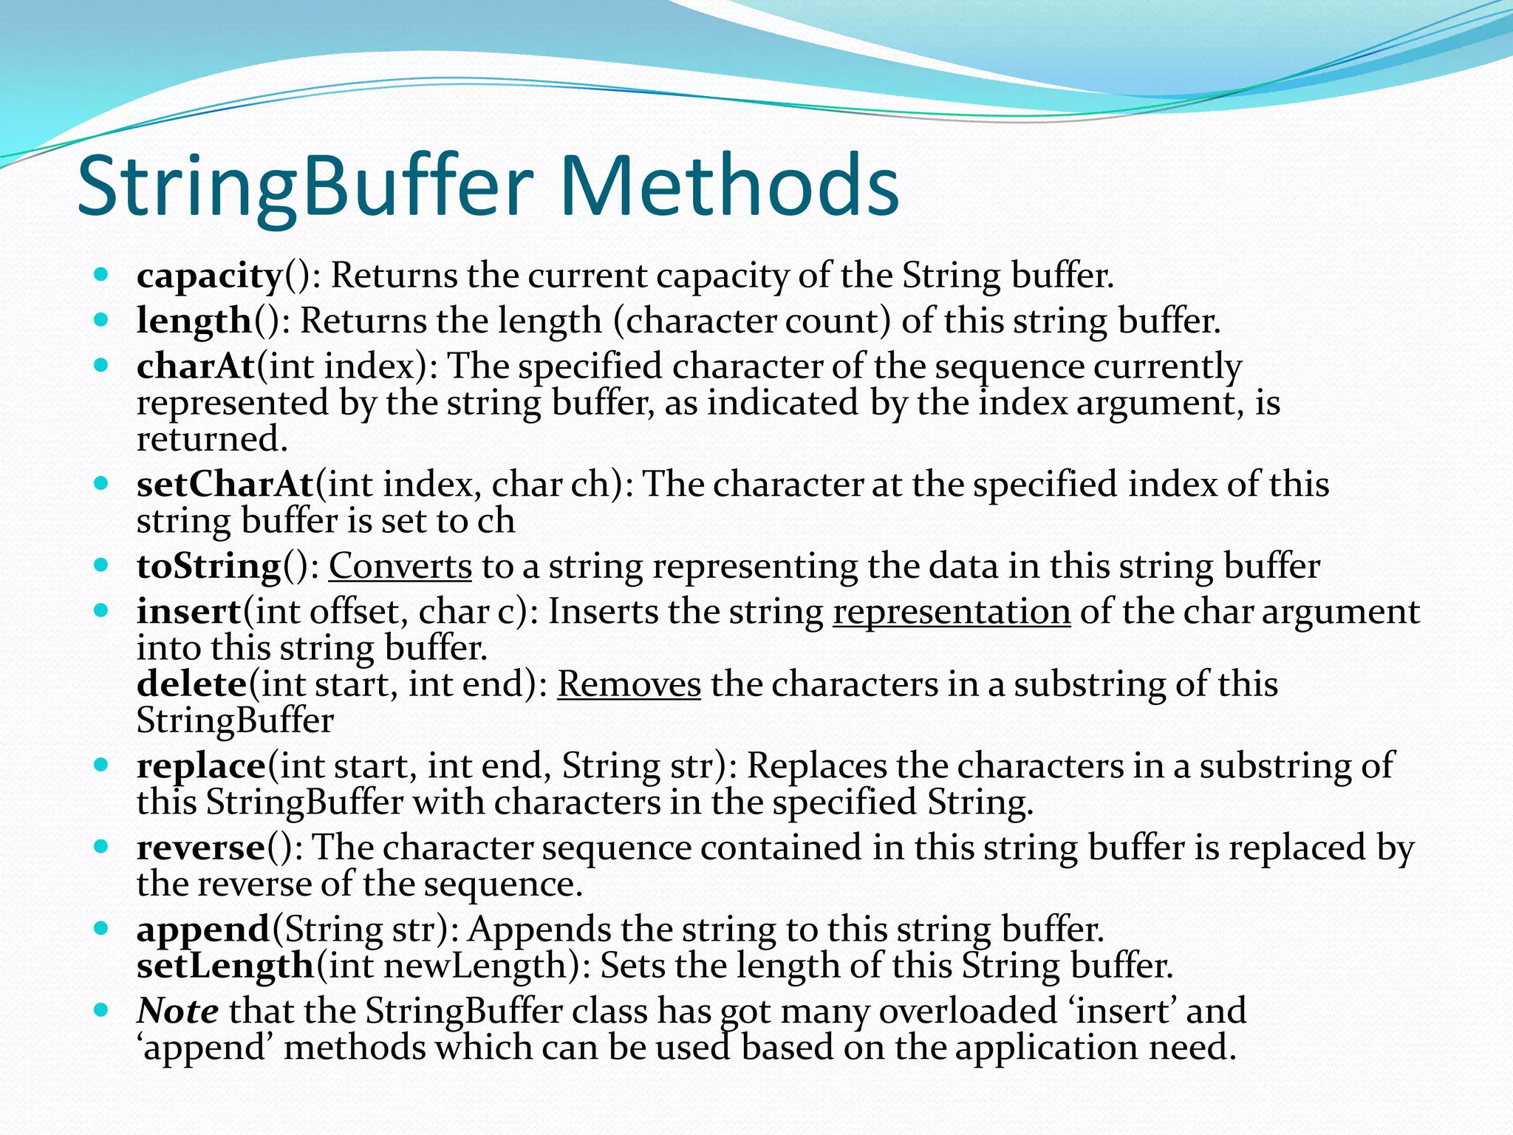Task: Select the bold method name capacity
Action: [210, 276]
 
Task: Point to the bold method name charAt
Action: [196, 367]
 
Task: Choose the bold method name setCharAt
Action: [225, 485]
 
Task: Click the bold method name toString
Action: [209, 567]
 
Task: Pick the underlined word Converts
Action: [400, 567]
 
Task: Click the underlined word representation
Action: [952, 612]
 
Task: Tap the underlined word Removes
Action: [629, 684]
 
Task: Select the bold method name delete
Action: [192, 684]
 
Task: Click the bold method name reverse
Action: [201, 848]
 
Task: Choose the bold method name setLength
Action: [226, 966]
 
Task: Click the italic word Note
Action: [177, 1011]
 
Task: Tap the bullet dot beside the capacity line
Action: [102, 276]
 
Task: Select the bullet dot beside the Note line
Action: [102, 1009]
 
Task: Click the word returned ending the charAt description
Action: [211, 440]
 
